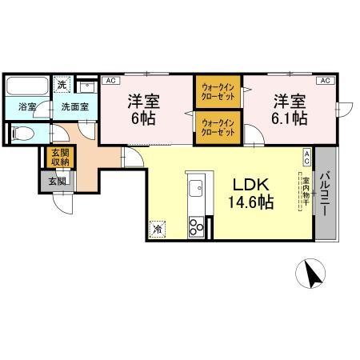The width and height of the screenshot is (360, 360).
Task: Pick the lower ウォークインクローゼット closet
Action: (x=217, y=127)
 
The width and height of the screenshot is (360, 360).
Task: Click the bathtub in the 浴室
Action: (x=28, y=85)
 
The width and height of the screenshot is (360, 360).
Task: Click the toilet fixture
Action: (x=22, y=134)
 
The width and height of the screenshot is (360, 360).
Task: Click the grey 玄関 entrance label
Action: (x=57, y=181)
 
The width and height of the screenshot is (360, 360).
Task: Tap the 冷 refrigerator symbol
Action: (x=157, y=227)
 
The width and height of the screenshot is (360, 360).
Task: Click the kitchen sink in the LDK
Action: (x=194, y=192)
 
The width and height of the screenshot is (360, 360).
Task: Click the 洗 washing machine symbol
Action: (x=62, y=84)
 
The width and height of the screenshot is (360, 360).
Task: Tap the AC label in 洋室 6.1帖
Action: (x=325, y=81)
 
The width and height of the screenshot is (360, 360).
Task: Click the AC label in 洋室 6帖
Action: (x=110, y=81)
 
